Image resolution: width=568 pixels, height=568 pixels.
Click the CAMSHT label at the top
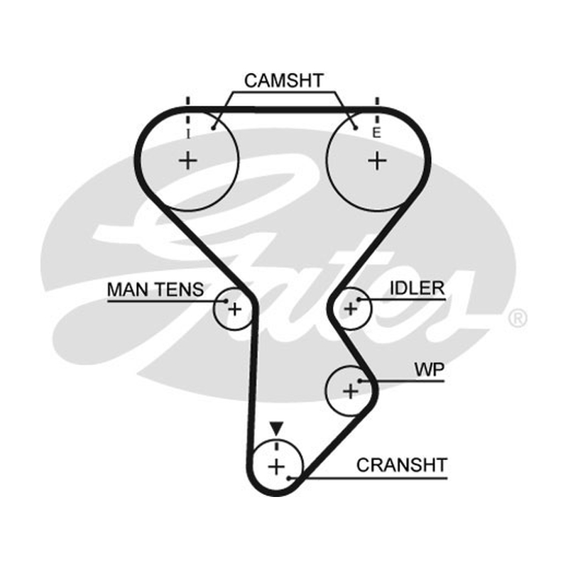point(283,80)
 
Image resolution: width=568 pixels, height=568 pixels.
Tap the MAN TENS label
point(155,290)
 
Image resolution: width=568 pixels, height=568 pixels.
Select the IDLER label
point(417,288)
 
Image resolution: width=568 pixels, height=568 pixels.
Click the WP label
point(430,369)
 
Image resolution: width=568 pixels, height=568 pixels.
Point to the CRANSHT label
point(402,465)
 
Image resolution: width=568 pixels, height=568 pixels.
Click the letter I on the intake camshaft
point(187,134)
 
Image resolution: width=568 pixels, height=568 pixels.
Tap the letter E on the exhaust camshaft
point(377,133)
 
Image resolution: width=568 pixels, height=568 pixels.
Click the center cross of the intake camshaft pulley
point(187,160)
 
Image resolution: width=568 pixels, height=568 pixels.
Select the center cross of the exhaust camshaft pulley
point(377,160)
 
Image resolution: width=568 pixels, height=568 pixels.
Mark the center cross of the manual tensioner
point(235,310)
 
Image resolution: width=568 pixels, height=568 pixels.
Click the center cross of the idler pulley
point(350,309)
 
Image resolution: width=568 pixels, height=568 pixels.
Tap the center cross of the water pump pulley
point(350,391)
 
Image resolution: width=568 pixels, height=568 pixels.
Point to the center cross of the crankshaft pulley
point(276,466)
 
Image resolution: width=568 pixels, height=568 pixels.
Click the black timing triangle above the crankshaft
point(276,427)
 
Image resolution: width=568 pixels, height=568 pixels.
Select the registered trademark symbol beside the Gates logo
point(518,319)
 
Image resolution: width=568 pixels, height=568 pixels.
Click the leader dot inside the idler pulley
point(359,300)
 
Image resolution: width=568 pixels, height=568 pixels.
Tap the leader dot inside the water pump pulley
point(360,381)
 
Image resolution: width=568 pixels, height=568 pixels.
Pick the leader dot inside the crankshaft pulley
point(289,478)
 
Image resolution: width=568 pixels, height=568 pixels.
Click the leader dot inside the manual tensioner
point(226,300)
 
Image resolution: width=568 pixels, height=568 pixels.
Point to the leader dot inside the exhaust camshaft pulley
point(356,128)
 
